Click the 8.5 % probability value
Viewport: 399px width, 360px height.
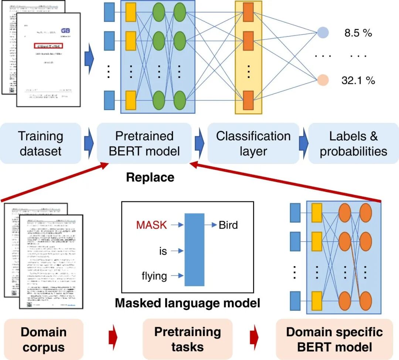click(358, 33)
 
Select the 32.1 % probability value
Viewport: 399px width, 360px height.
click(358, 80)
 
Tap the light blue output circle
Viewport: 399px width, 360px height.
click(322, 32)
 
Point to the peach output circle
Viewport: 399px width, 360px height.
click(323, 80)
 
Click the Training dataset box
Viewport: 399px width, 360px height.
click(41, 144)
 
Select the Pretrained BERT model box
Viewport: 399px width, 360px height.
click(144, 144)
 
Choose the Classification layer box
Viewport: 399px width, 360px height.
click(253, 144)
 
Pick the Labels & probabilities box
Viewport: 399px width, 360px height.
click(354, 144)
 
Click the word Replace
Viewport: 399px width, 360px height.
click(150, 178)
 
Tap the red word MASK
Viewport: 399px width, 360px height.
click(151, 224)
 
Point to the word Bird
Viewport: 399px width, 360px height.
click(228, 224)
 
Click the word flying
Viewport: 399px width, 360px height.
click(154, 275)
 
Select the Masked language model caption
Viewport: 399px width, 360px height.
click(188, 303)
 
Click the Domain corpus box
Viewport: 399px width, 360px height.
click(43, 339)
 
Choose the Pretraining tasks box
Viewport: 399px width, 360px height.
click(187, 339)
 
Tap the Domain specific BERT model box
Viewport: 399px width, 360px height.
click(334, 339)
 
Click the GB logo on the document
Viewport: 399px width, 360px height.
click(65, 31)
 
